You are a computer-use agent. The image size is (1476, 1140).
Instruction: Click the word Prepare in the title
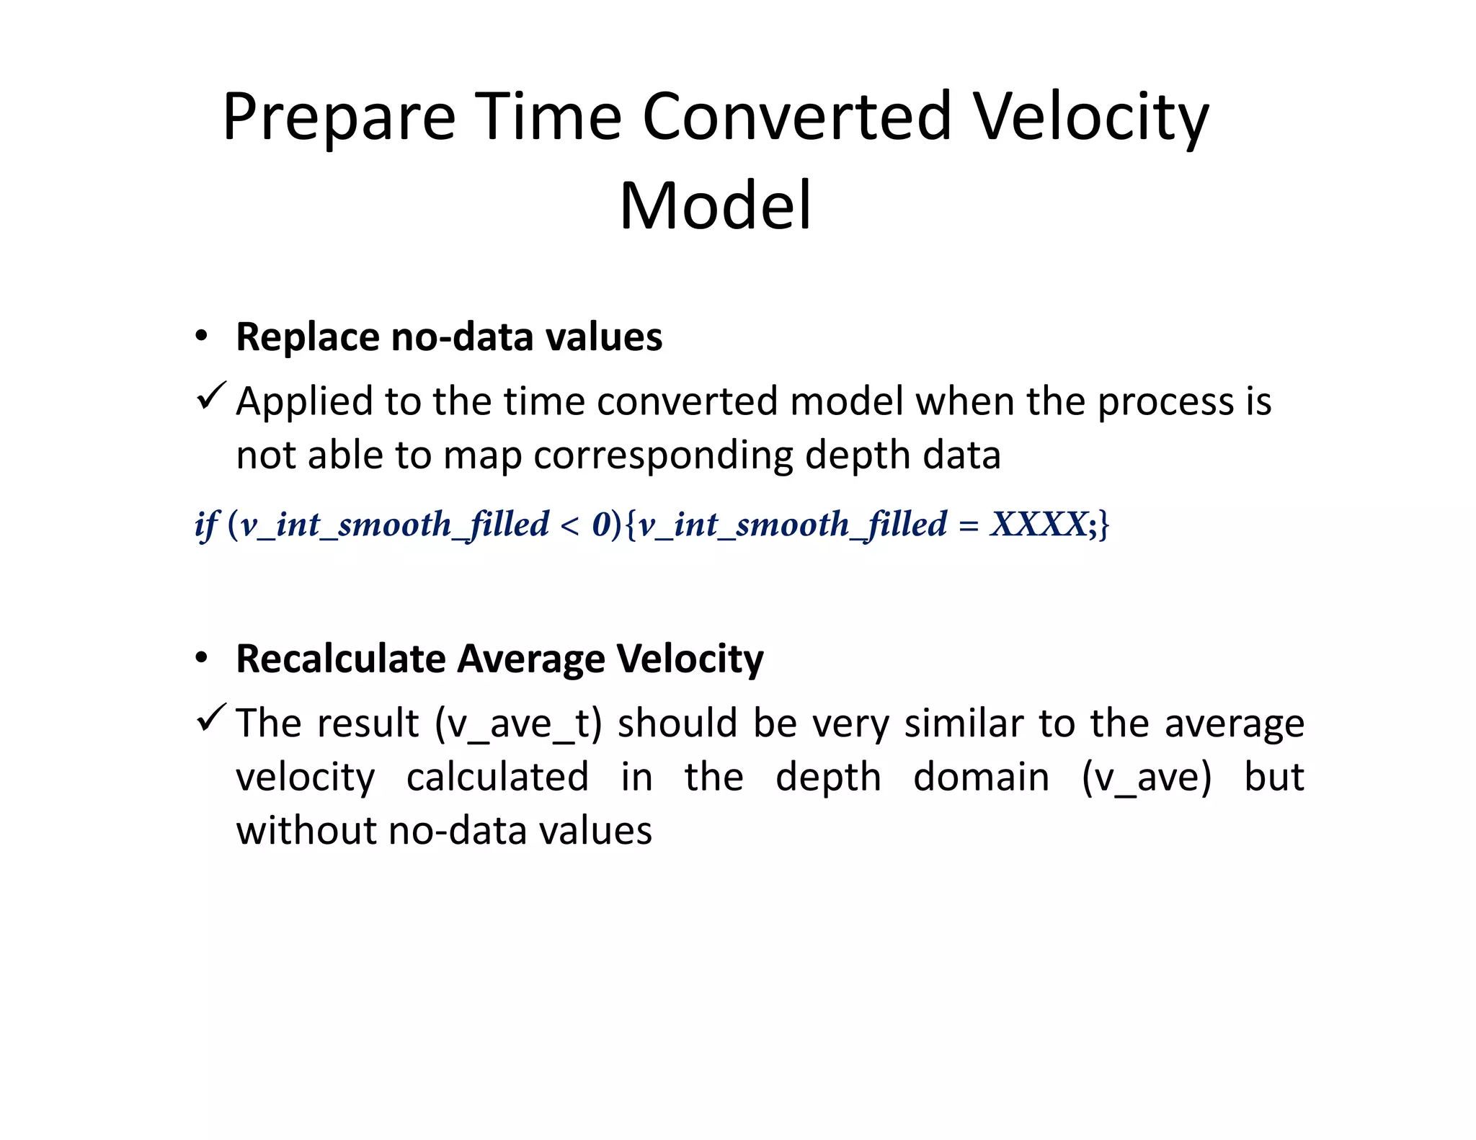pos(339,117)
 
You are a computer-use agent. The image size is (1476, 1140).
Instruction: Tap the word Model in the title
pos(715,206)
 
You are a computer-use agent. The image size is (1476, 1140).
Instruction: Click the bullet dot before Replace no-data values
pos(201,337)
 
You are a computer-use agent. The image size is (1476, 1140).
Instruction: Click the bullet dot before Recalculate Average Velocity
pos(201,658)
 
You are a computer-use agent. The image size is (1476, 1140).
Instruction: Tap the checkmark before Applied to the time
pos(210,396)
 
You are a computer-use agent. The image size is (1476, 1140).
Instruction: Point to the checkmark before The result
pos(210,718)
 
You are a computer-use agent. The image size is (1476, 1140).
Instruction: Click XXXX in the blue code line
pos(1038,524)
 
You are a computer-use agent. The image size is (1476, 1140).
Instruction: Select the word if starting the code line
pos(205,524)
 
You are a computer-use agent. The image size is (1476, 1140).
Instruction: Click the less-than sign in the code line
pos(569,525)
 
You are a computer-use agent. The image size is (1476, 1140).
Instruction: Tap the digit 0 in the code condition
pos(601,524)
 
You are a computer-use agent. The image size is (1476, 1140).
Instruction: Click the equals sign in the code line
pos(969,525)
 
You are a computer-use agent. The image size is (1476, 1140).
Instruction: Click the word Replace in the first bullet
pos(308,337)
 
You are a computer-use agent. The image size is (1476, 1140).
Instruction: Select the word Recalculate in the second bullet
pos(340,658)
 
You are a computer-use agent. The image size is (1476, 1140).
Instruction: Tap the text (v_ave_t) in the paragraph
pos(518,723)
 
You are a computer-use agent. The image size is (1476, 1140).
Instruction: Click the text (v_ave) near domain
pos(1147,777)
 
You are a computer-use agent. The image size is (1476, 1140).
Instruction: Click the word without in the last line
pos(306,830)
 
